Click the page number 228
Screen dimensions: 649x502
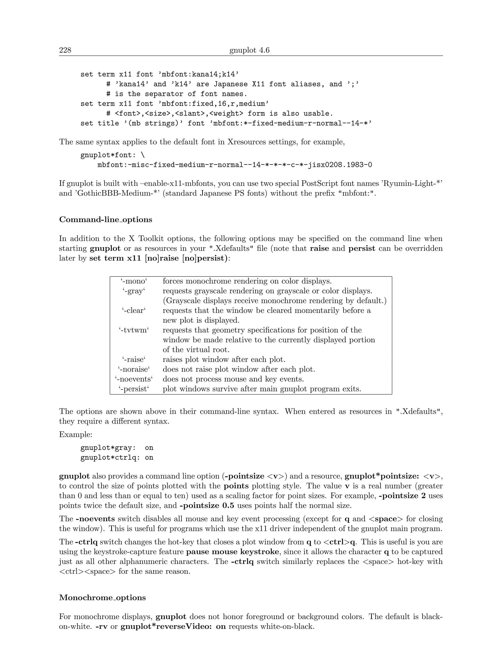65,50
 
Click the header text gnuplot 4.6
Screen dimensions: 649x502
249,50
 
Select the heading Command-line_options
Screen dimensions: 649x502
106,220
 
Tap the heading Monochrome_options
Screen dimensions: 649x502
102,598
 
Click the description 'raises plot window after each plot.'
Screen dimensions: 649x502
224,360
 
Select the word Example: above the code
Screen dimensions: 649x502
75,434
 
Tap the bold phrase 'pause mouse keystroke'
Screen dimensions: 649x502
232,552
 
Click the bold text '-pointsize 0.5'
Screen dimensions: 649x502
207,505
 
